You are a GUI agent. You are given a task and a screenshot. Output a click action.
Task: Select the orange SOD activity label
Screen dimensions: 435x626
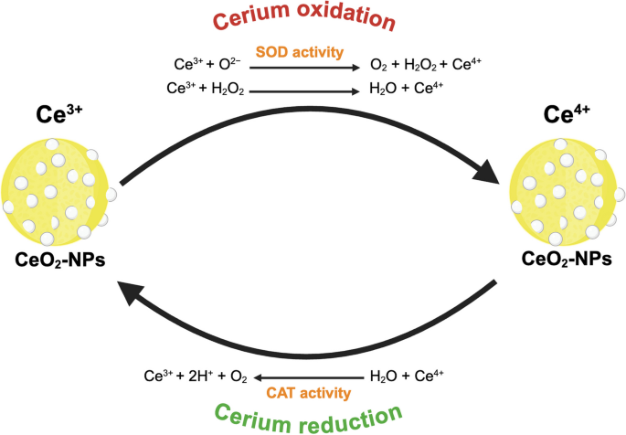(x=300, y=52)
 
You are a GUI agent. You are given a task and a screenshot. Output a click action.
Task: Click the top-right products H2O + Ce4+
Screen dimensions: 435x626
(x=406, y=90)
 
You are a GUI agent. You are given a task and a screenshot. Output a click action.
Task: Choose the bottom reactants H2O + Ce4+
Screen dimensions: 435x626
(x=408, y=375)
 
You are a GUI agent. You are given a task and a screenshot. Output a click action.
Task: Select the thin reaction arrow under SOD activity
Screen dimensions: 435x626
(x=303, y=67)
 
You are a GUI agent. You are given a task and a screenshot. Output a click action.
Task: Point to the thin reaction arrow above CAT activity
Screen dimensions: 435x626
(x=310, y=376)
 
